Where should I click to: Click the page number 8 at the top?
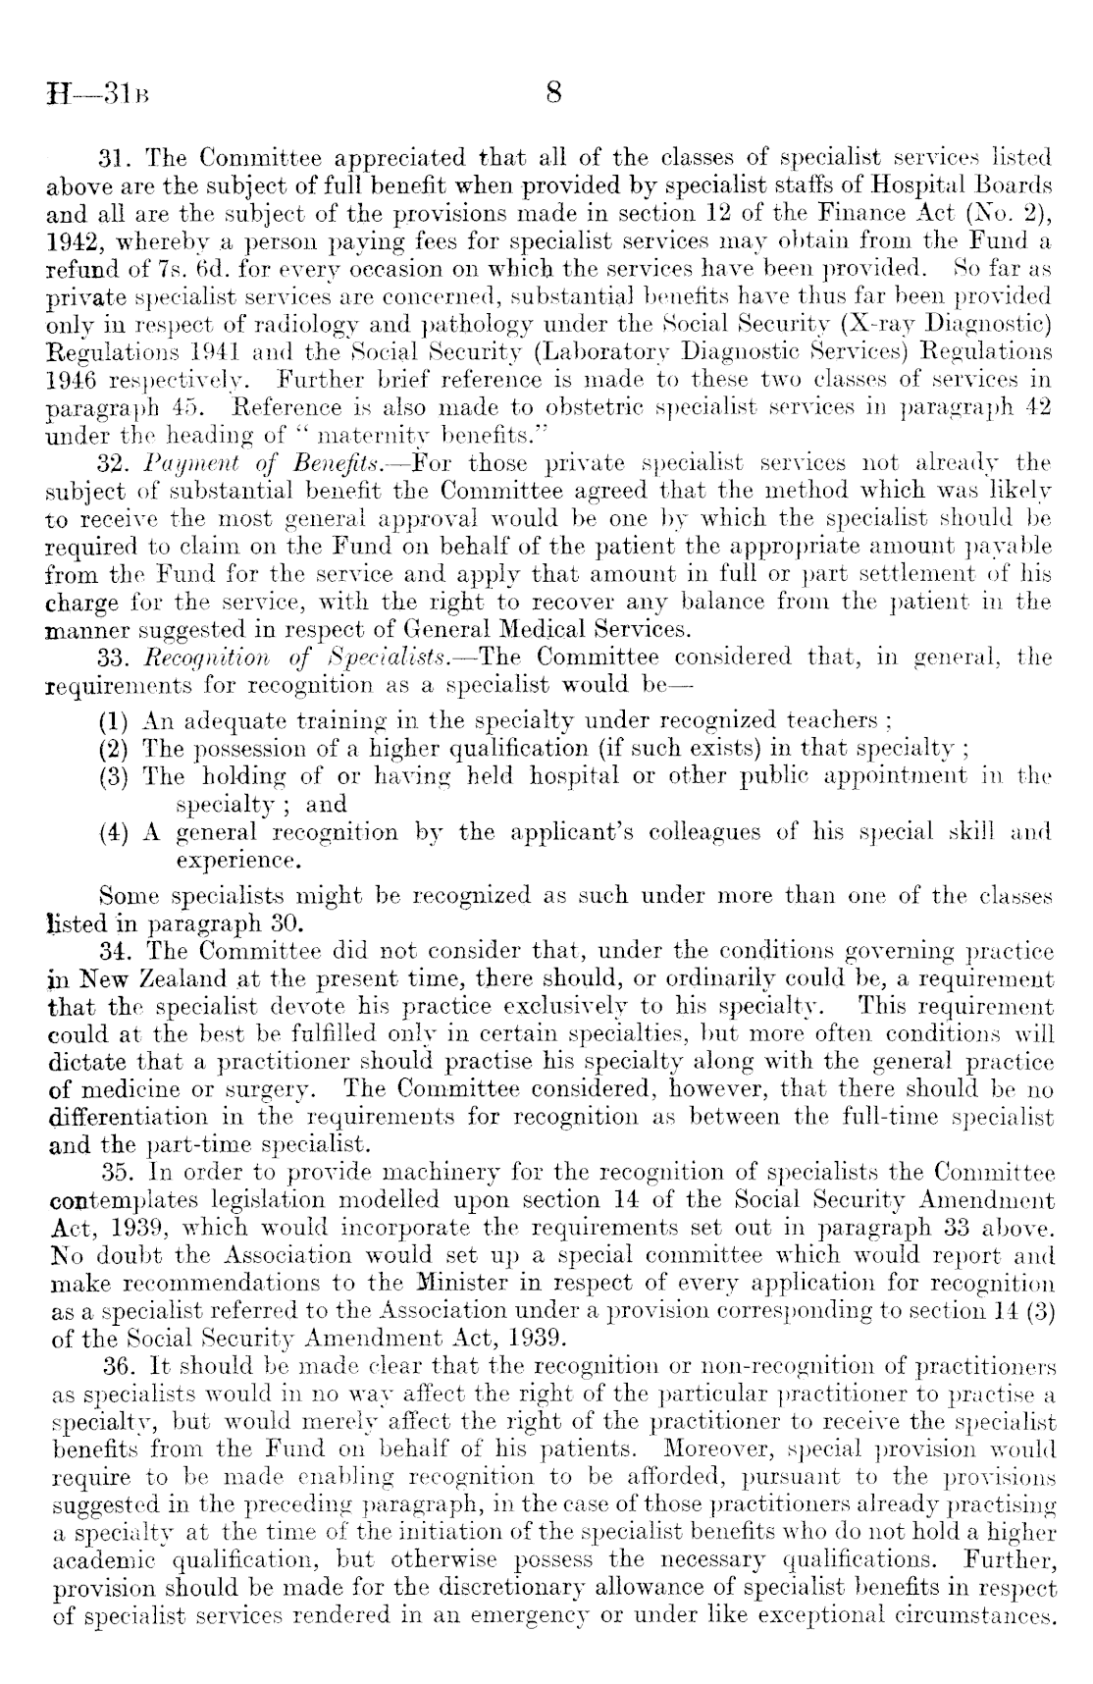point(551,94)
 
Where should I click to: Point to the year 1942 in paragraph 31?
point(73,240)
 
